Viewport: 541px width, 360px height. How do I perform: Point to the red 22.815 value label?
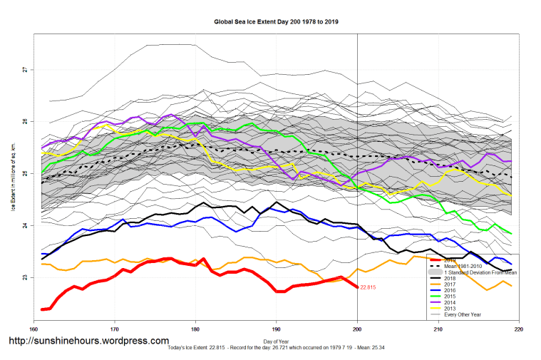[x=368, y=287]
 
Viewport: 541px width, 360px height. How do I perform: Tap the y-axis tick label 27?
[x=25, y=70]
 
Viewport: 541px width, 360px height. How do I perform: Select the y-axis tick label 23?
[x=25, y=277]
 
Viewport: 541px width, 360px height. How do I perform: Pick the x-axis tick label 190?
[x=276, y=329]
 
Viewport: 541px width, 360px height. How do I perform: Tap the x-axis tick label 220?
[x=518, y=329]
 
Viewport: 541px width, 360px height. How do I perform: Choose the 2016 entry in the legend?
[x=451, y=290]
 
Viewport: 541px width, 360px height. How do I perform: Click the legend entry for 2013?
[x=451, y=307]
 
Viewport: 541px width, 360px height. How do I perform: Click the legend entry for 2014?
[x=451, y=302]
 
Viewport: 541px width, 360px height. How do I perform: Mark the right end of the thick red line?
[x=357, y=287]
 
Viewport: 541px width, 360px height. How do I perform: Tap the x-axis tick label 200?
[x=357, y=329]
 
